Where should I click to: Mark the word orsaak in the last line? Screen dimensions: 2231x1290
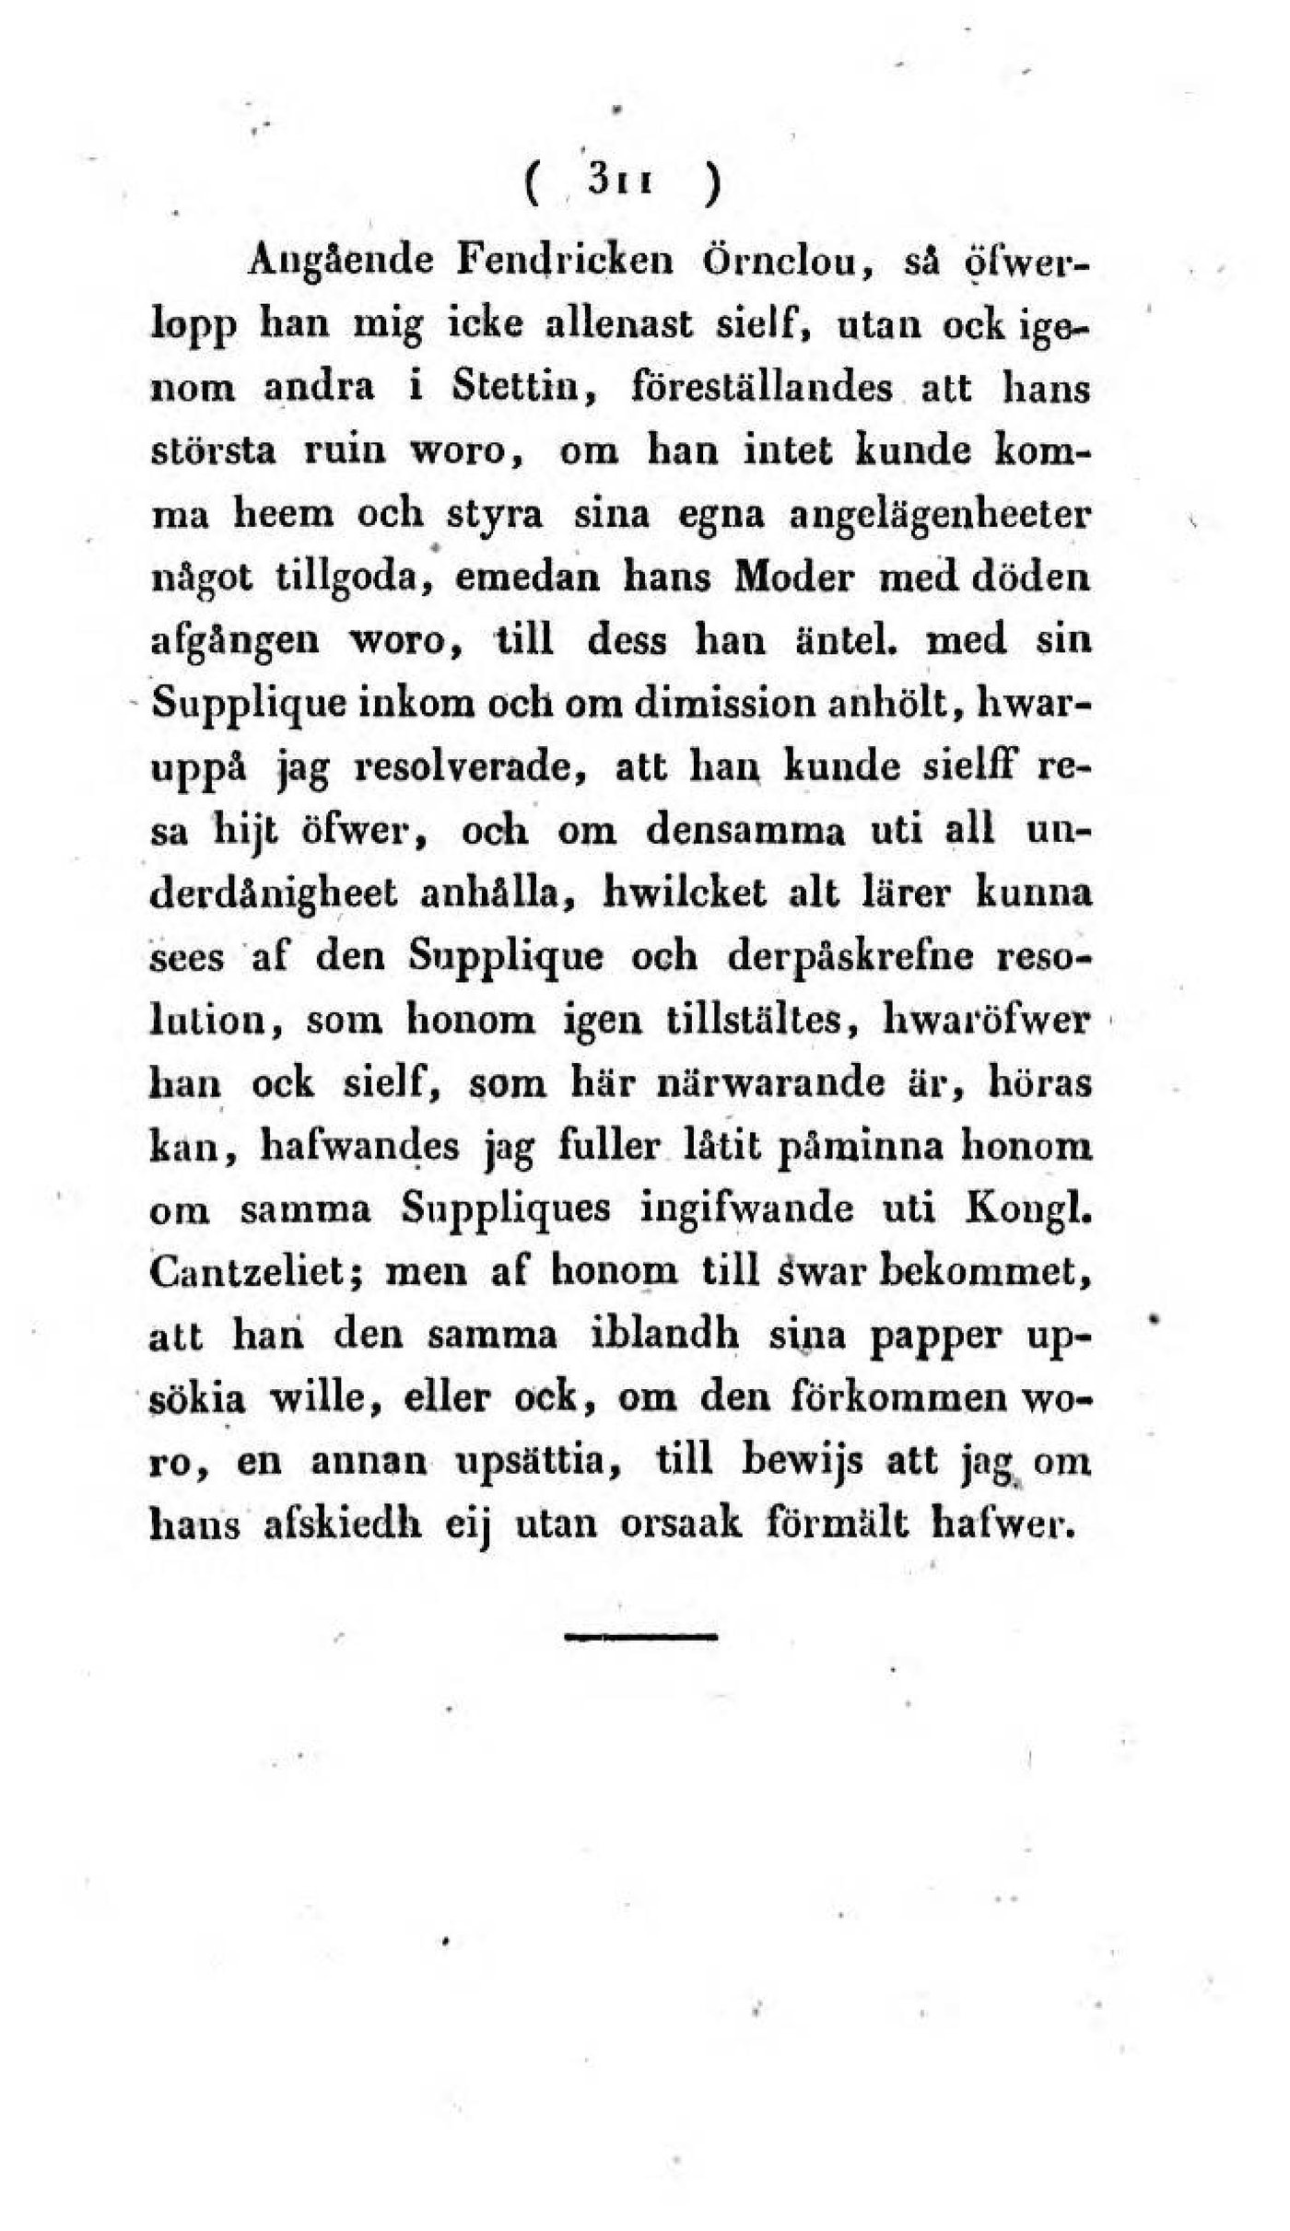[x=680, y=1525]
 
